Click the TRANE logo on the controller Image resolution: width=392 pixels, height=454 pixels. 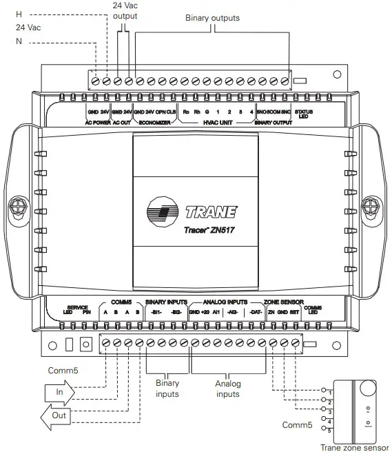[192, 211]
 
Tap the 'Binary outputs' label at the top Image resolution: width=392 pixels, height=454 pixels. [213, 18]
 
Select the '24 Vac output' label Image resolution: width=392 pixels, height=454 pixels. [125, 10]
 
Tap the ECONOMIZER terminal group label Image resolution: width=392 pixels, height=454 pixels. [155, 123]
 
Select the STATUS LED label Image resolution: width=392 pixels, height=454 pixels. [304, 114]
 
